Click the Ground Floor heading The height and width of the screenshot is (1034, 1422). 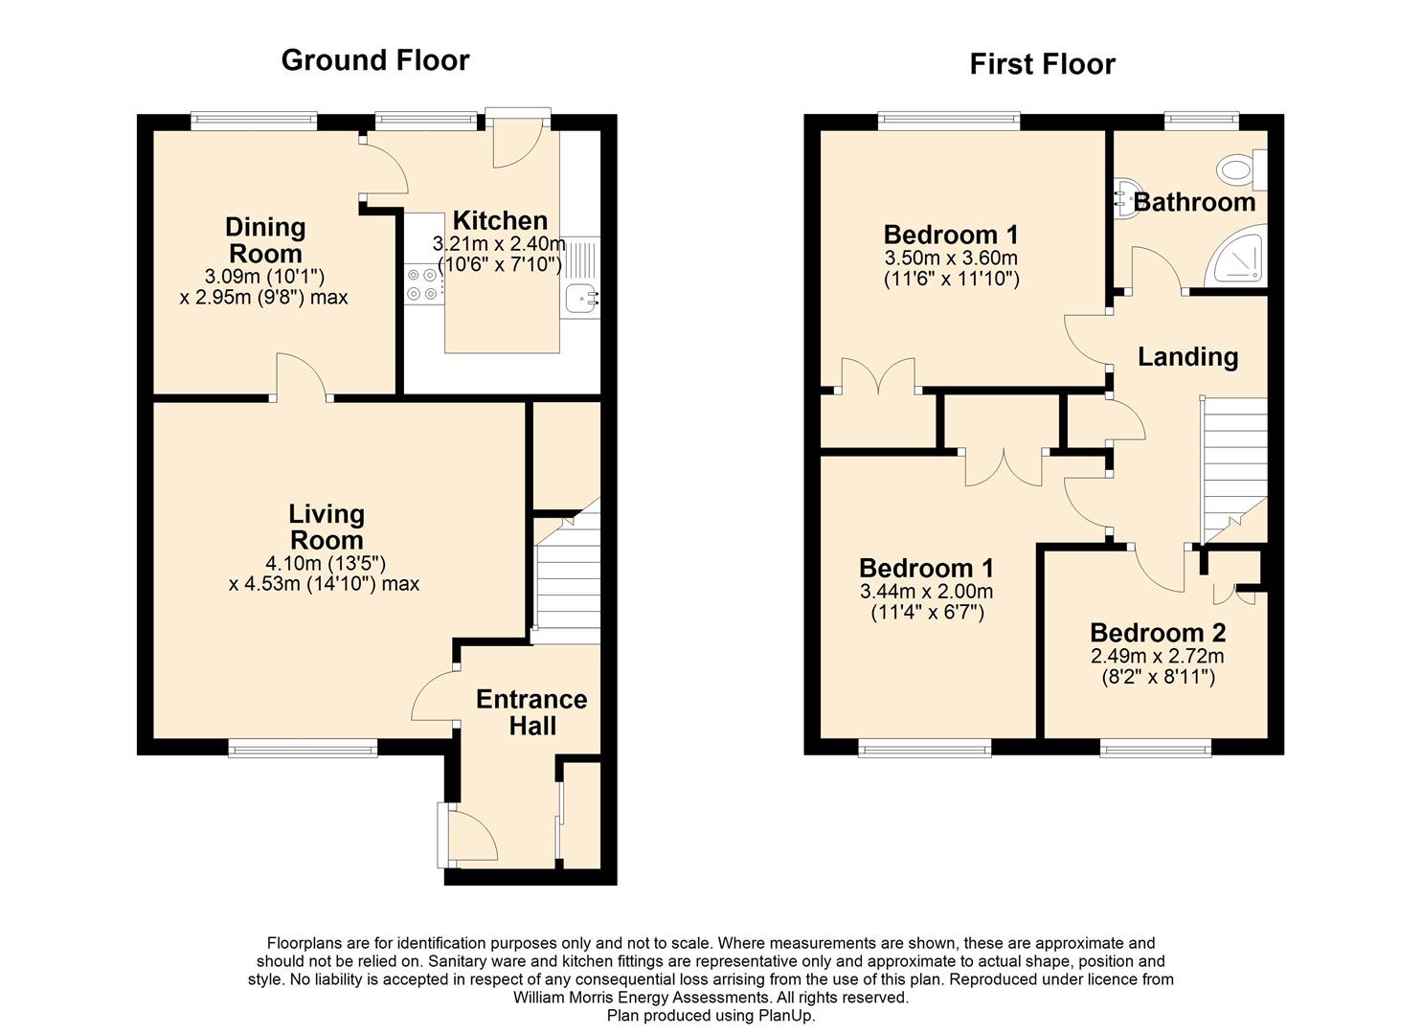point(375,61)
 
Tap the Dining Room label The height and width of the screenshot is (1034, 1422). point(265,240)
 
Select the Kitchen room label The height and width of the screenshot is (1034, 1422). point(500,221)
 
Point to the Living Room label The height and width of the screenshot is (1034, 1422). point(327,527)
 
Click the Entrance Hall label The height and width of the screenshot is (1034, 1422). point(532,712)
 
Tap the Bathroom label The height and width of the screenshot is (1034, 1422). point(1194,202)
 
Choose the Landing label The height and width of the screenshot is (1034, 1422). point(1187,357)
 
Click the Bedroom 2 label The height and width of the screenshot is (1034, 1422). point(1158,633)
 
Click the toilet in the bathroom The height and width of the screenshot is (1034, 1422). point(1241,170)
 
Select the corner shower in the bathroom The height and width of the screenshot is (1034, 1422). point(1236,256)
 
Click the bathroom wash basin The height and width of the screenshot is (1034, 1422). point(1125,201)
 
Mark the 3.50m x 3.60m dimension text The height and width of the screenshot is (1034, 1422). point(951,258)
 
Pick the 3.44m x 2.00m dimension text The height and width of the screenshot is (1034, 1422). point(926,592)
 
